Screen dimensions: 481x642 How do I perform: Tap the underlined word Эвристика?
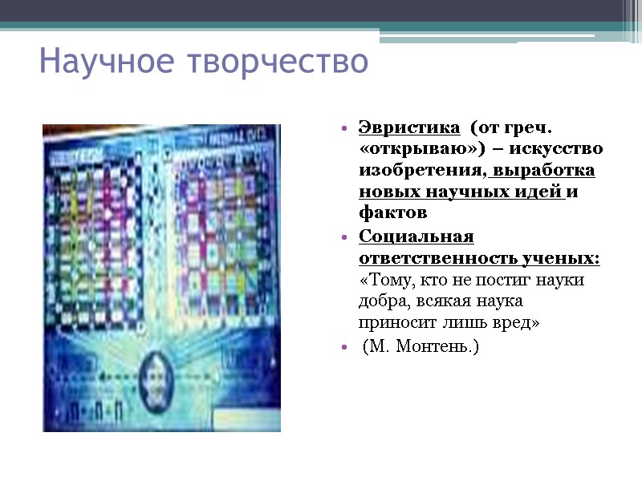409,128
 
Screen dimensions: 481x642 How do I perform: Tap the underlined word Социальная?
416,237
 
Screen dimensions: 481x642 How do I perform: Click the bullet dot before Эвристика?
343,129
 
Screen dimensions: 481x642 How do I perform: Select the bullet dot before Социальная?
343,238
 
